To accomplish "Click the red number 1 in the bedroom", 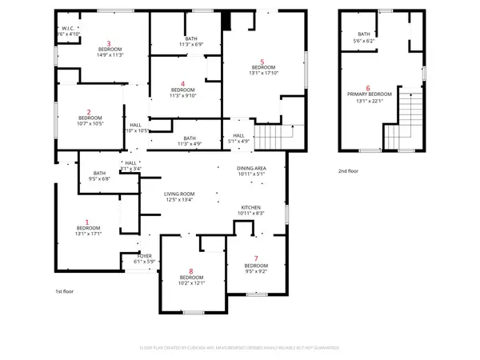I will point(88,222).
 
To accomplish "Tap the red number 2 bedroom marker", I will point(88,111).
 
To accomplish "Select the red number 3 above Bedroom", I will point(109,42).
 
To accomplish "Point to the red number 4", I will point(182,83).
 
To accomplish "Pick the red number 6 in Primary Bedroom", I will point(367,88).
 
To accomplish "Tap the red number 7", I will point(256,258).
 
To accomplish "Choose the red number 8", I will point(191,271).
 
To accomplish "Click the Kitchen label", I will point(252,207).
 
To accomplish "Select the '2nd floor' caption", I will point(348,172).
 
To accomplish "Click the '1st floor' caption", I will point(66,292).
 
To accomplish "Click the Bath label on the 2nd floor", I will point(365,34).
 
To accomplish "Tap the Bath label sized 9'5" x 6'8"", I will point(100,174).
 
